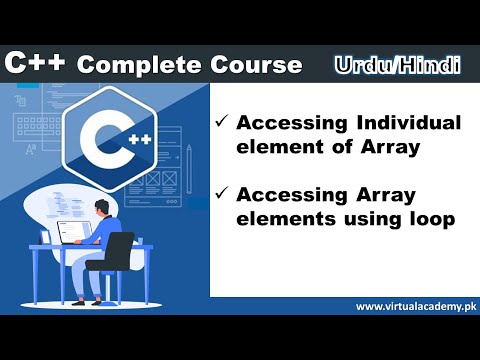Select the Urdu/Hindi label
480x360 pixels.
click(397, 65)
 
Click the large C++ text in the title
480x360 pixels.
click(36, 64)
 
